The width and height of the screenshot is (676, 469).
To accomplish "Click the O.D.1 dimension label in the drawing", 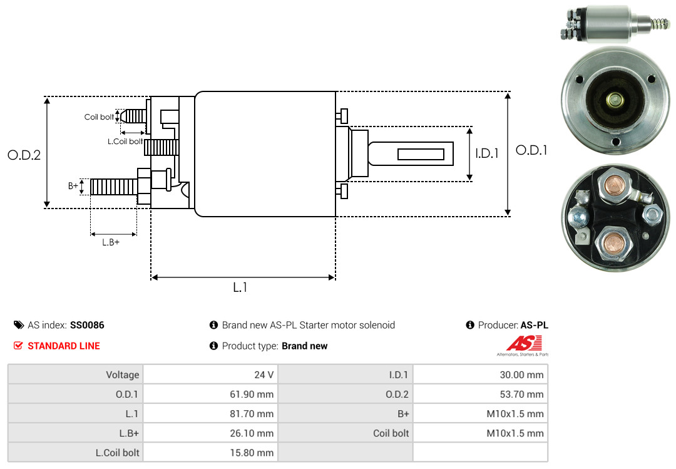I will [531, 150].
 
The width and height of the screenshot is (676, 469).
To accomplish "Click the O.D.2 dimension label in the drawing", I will [24, 155].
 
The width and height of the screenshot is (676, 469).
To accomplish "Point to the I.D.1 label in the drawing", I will [487, 153].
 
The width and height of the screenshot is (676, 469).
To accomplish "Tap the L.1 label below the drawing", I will [241, 287].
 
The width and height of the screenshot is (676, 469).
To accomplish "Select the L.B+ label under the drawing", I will [111, 242].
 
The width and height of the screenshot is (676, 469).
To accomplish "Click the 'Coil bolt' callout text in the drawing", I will [99, 117].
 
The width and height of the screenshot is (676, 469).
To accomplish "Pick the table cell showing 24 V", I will [211, 375].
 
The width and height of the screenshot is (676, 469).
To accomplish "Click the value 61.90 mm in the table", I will [211, 394].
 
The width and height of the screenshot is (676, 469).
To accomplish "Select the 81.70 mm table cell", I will [211, 414].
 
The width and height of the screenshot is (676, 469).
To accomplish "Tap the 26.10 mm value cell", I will [211, 433].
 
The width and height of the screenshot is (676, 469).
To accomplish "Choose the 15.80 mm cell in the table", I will [211, 452].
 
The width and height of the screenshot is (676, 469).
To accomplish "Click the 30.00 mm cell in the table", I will [481, 375].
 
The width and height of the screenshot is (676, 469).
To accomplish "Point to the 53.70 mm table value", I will [481, 394].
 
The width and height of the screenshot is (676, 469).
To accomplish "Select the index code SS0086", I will [87, 326].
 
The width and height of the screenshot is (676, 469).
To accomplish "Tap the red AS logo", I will [519, 343].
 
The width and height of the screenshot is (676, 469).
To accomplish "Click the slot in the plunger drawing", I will [421, 154].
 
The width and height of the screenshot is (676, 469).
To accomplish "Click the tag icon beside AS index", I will [19, 326].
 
